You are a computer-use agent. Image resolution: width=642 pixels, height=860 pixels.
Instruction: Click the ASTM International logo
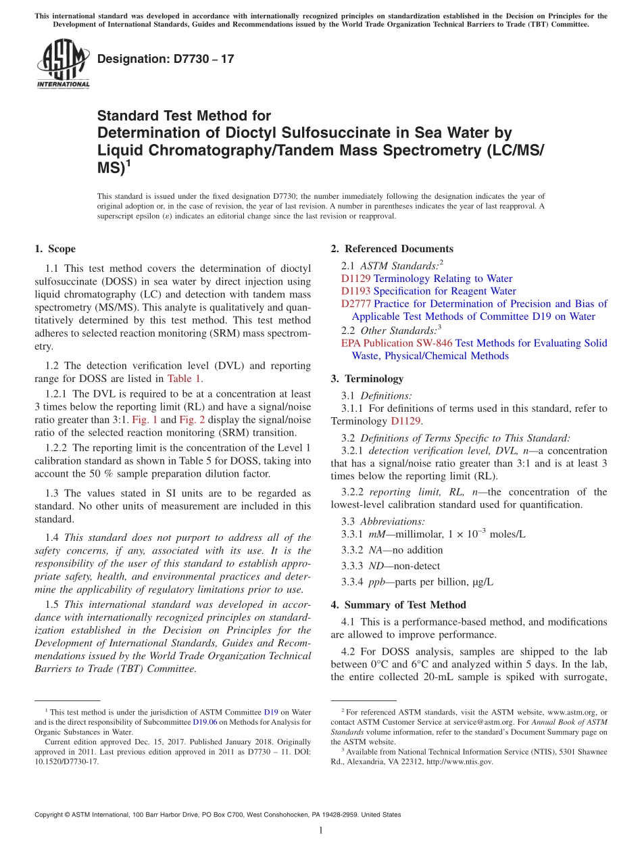pyautogui.click(x=63, y=64)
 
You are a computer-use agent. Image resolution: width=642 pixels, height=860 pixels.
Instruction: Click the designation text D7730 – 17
pyautogui.click(x=166, y=59)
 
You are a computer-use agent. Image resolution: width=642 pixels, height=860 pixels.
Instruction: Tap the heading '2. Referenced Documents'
pyautogui.click(x=392, y=249)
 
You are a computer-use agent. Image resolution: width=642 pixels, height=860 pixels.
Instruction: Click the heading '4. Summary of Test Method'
pyautogui.click(x=398, y=604)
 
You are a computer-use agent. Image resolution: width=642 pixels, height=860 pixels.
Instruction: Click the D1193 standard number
pyautogui.click(x=355, y=291)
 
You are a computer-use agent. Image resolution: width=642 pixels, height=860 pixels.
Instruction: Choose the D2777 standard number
pyautogui.click(x=355, y=304)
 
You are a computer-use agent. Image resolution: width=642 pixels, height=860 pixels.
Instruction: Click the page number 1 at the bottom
pyautogui.click(x=321, y=831)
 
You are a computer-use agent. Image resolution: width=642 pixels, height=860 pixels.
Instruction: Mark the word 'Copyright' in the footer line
pyautogui.click(x=50, y=815)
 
